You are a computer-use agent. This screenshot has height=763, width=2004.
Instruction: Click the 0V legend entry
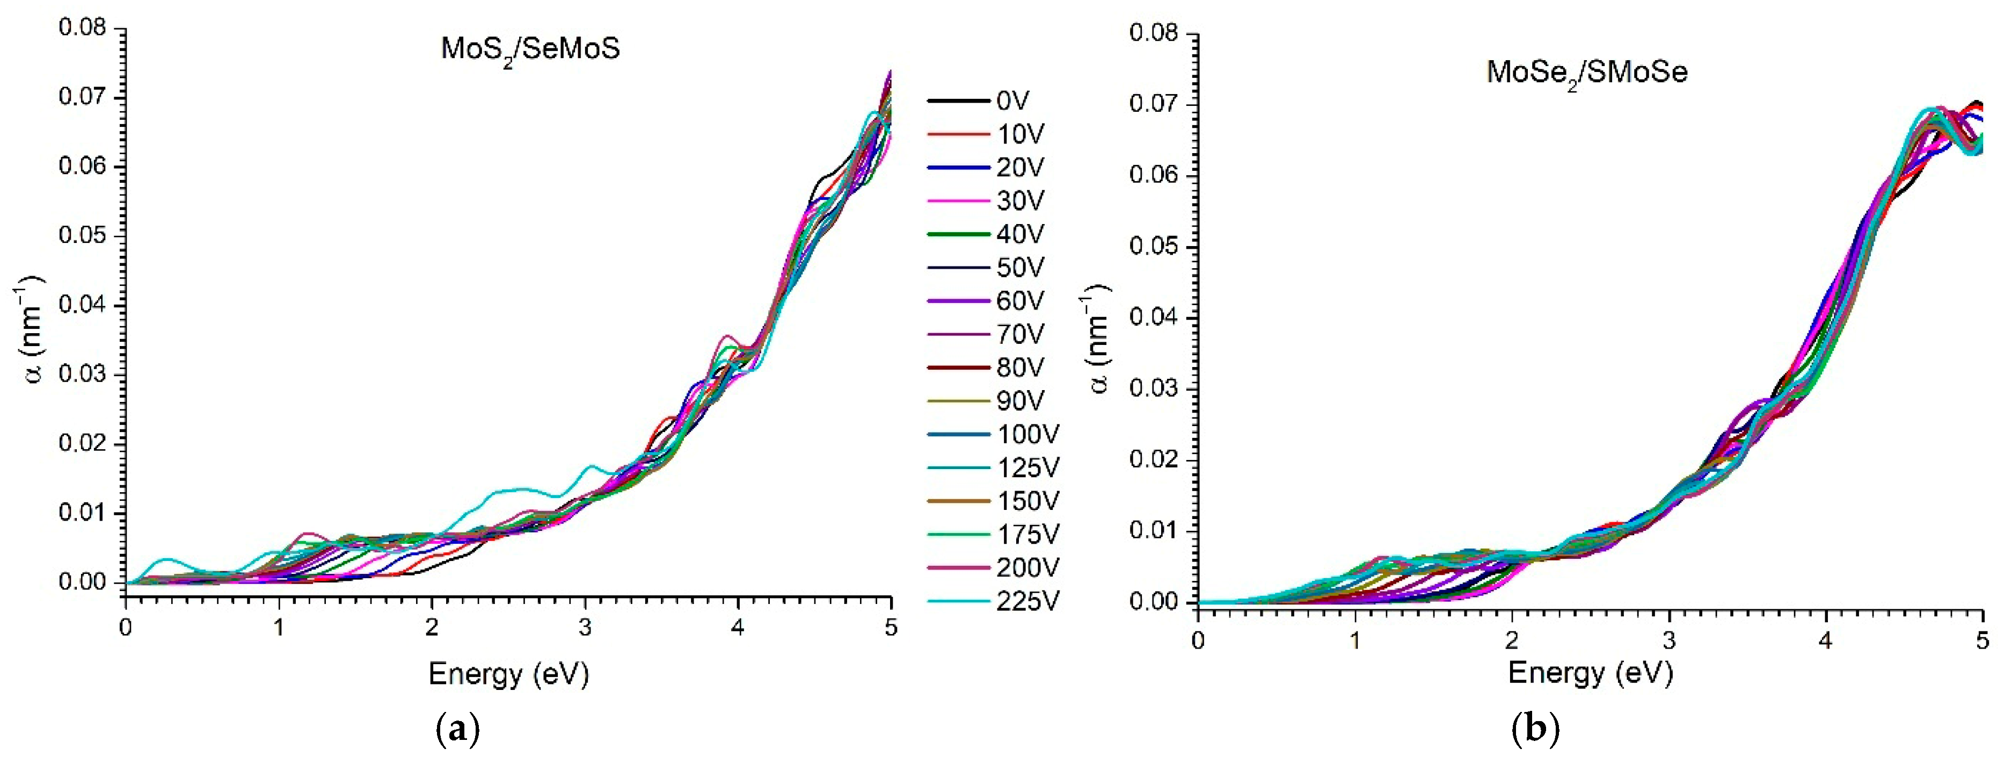point(978,100)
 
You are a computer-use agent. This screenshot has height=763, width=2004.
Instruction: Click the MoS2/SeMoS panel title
point(530,52)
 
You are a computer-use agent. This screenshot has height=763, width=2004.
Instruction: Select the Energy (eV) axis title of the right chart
point(1590,673)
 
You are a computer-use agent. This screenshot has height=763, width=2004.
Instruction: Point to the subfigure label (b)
point(1535,730)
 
